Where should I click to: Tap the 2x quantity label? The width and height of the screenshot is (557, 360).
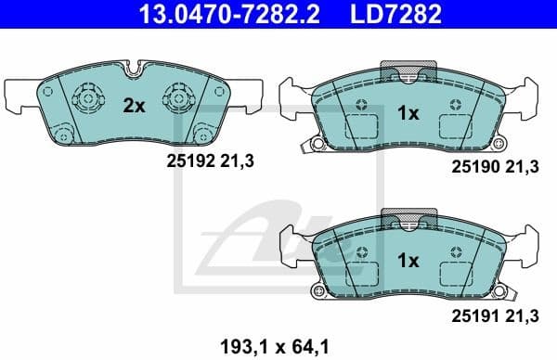coord(135,106)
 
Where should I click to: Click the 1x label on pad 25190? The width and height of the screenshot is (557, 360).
coord(408,113)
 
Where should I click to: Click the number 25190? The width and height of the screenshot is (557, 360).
coord(474,167)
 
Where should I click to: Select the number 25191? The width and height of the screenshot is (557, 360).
coord(474,317)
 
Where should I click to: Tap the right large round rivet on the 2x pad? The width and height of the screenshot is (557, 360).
coord(178,97)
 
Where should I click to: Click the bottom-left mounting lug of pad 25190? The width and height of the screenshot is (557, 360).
coord(316,145)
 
